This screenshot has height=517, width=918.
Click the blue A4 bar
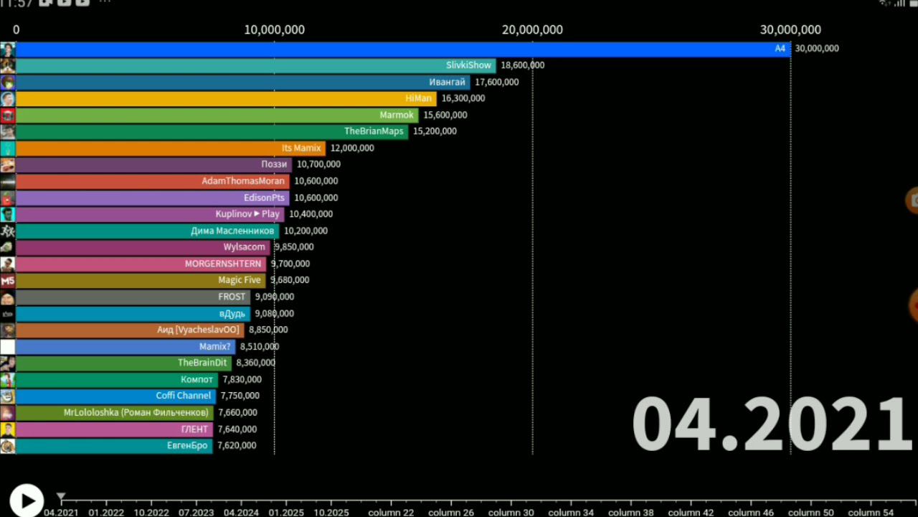tap(403, 49)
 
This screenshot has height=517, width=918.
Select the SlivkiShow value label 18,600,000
tap(523, 65)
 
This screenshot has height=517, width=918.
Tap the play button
tap(27, 500)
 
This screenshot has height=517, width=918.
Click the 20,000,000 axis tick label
tap(532, 29)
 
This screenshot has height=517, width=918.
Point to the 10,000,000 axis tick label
tap(274, 29)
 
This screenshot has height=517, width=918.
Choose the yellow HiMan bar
tap(226, 99)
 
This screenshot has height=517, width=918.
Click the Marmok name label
tap(397, 115)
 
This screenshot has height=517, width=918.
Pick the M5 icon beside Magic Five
tap(8, 281)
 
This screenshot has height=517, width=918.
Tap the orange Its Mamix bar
tap(171, 149)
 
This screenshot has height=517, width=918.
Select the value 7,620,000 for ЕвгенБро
tap(237, 446)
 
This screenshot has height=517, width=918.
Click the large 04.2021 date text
tap(771, 423)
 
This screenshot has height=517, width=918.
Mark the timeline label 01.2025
tap(286, 513)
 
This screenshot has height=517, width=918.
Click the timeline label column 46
tap(751, 513)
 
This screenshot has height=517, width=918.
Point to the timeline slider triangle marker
tap(61, 496)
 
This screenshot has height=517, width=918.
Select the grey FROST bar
tap(133, 297)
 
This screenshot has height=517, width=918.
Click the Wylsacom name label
tap(245, 247)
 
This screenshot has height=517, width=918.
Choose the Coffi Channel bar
tap(116, 396)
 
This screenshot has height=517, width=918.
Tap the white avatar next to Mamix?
tap(8, 347)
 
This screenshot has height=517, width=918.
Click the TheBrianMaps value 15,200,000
tap(435, 131)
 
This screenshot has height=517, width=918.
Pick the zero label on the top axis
tap(16, 29)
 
